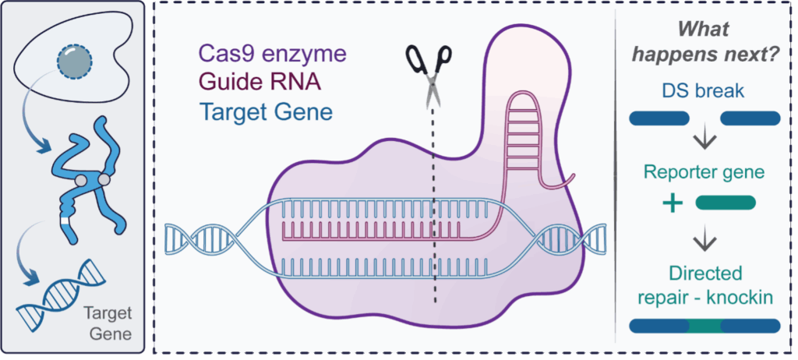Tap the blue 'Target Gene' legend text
266,111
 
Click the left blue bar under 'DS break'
659,118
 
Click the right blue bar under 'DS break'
750,118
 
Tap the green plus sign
672,203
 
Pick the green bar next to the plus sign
725,203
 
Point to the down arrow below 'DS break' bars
704,143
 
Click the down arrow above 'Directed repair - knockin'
704,240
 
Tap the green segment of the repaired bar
704,326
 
